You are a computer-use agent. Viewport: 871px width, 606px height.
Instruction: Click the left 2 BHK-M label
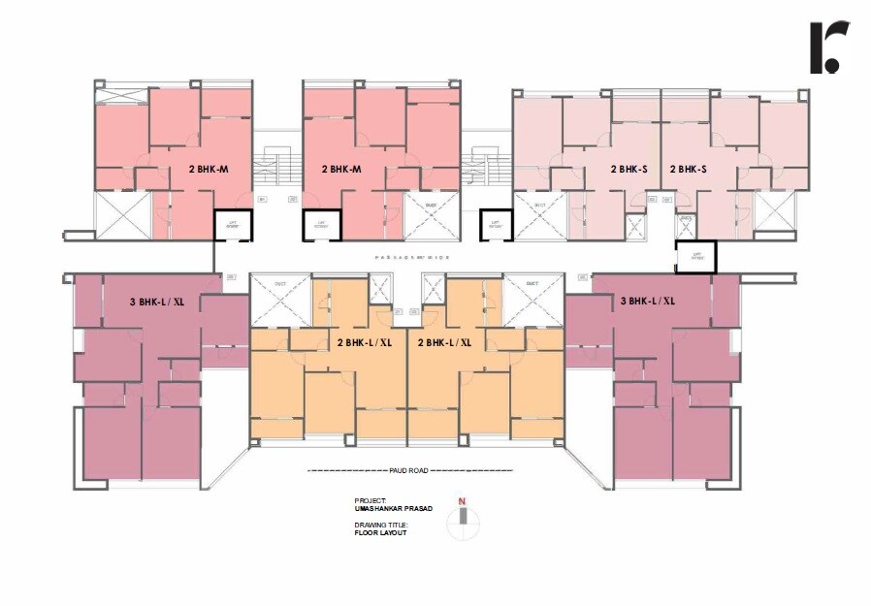coord(208,169)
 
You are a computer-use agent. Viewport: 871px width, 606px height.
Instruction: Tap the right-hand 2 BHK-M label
coord(341,169)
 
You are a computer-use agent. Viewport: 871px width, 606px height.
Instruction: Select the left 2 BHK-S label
coord(629,169)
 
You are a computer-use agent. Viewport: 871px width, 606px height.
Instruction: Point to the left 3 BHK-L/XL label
coord(157,301)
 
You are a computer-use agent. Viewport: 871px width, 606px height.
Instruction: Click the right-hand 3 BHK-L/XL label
coord(647,301)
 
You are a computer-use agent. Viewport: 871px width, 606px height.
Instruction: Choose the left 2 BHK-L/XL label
coord(365,342)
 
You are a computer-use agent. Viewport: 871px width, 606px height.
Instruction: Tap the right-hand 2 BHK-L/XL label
coord(444,342)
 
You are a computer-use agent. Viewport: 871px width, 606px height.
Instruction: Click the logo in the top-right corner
coord(829,48)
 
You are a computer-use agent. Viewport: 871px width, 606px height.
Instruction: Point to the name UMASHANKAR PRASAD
coord(393,507)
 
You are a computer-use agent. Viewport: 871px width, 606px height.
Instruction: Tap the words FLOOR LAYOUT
coord(381,532)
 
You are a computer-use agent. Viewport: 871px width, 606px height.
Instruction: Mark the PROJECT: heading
coord(371,499)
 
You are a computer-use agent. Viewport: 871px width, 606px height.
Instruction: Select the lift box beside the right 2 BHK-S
coord(695,257)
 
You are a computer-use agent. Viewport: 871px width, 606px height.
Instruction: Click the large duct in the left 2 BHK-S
coord(537,214)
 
